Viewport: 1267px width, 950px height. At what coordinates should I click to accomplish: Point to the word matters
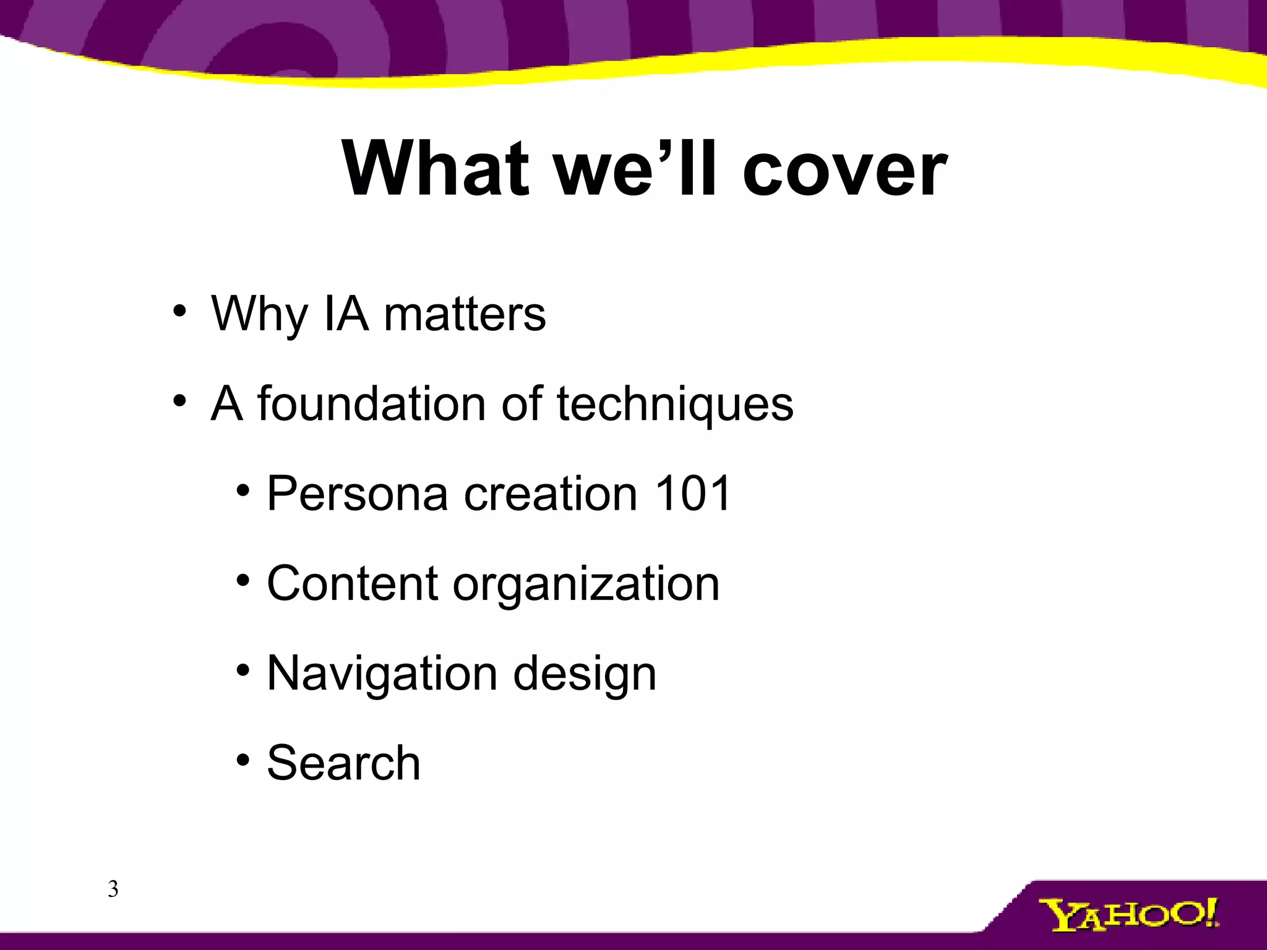click(x=465, y=314)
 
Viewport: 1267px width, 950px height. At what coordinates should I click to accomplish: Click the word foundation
click(x=371, y=403)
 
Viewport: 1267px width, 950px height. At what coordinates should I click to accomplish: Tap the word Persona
click(x=357, y=493)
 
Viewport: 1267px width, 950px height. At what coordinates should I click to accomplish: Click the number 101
click(x=693, y=493)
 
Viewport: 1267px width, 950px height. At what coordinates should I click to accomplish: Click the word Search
click(x=343, y=763)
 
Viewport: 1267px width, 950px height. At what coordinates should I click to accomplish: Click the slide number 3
click(x=113, y=889)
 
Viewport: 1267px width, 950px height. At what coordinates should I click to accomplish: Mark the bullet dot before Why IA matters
click(x=179, y=311)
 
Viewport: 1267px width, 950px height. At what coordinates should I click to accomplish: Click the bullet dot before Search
click(x=243, y=759)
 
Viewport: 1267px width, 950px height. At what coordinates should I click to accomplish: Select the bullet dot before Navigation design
click(x=243, y=670)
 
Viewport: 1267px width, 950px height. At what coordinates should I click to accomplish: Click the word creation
click(x=551, y=493)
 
